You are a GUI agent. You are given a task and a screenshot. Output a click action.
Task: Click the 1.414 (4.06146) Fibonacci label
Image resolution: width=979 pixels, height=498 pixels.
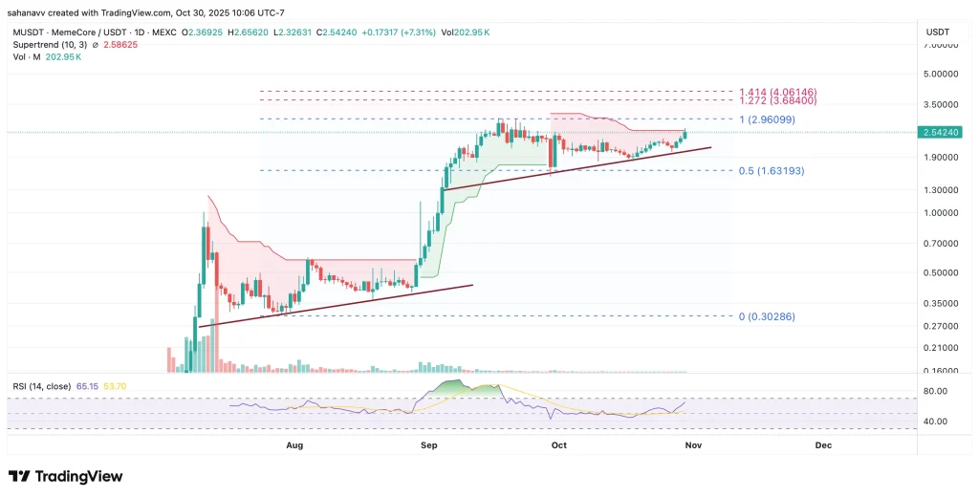pos(777,90)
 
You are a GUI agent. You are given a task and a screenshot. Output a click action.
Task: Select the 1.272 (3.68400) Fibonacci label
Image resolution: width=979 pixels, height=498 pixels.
pos(777,100)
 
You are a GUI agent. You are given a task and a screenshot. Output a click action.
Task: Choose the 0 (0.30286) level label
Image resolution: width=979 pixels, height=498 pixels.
pos(768,316)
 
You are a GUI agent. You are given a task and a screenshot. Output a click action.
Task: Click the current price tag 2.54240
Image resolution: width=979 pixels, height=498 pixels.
pos(945,133)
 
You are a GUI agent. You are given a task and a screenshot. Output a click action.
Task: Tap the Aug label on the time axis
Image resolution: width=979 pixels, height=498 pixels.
pos(294,445)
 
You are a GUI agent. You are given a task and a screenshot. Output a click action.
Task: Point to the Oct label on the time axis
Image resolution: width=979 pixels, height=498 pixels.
pos(558,445)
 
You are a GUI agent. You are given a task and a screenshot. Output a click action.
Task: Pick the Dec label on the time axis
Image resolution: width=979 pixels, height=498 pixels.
pos(822,445)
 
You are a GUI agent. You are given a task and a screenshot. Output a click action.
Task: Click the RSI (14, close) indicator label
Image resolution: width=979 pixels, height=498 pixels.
pos(43,386)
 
